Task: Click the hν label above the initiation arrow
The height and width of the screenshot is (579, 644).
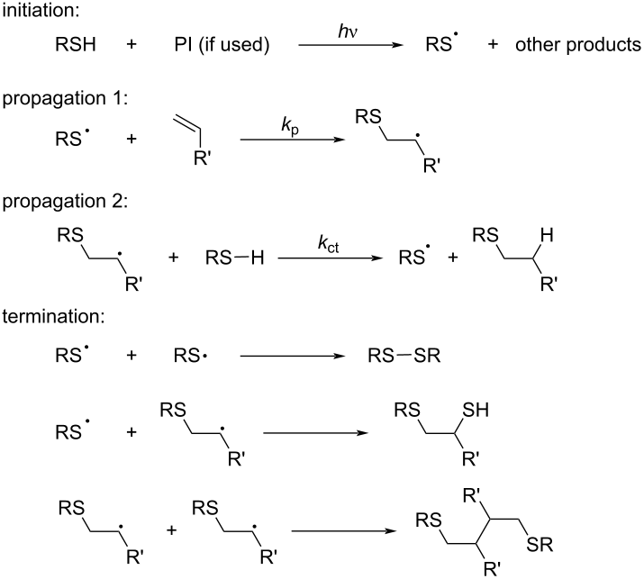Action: [348, 31]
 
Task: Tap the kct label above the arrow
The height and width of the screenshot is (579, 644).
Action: [328, 244]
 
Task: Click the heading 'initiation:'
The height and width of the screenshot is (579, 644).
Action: [41, 10]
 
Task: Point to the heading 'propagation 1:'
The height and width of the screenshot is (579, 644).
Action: [65, 99]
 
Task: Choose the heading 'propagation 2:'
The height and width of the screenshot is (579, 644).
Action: [65, 202]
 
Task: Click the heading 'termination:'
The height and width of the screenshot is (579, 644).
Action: [53, 317]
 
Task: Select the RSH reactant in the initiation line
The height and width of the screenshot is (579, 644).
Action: [76, 44]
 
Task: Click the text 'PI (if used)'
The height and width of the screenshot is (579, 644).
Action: [222, 45]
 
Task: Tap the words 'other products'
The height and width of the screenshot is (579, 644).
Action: [578, 45]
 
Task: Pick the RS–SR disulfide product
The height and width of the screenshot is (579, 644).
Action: [404, 356]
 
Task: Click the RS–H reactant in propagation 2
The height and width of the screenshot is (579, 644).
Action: [234, 258]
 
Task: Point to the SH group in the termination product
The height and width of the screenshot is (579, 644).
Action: [476, 410]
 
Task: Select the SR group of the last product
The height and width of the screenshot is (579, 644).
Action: [540, 545]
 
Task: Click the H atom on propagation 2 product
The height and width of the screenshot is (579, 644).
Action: [547, 235]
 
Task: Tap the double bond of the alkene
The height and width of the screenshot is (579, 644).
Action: [186, 123]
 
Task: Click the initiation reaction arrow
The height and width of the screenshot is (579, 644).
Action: [350, 44]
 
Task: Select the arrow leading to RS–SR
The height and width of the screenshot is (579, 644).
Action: [293, 356]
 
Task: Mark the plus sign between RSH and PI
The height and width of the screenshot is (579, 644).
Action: [132, 45]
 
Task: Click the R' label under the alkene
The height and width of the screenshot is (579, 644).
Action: [202, 158]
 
